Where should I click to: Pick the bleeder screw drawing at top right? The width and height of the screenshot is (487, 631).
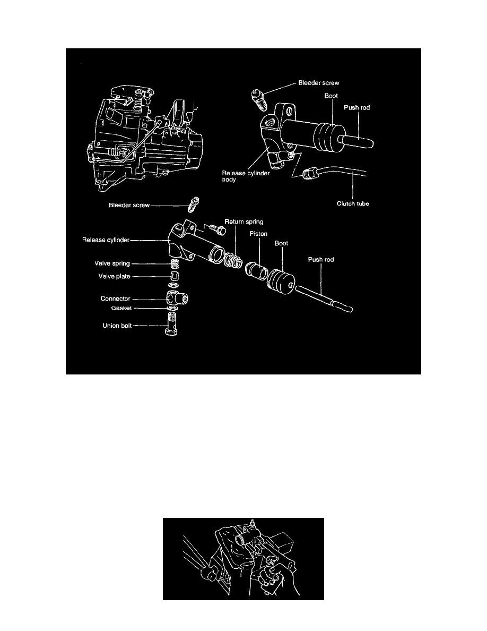coord(258,100)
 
